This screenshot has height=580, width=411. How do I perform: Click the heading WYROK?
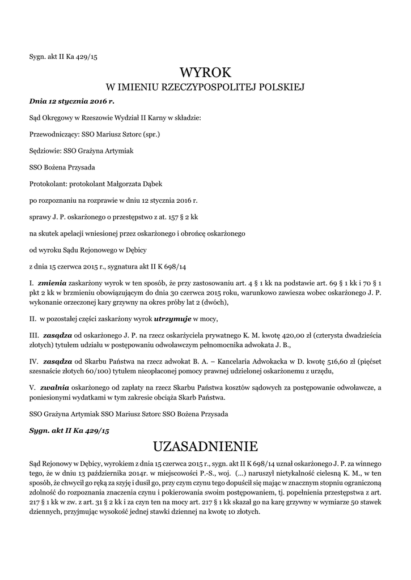[205, 72]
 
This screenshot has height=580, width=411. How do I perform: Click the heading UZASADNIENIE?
[205, 444]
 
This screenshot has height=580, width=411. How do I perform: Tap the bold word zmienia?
[52, 282]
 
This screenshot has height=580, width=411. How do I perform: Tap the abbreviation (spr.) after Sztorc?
[152, 135]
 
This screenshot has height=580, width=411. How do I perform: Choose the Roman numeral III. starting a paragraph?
[33, 335]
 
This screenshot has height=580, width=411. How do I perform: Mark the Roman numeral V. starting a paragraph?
[32, 388]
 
